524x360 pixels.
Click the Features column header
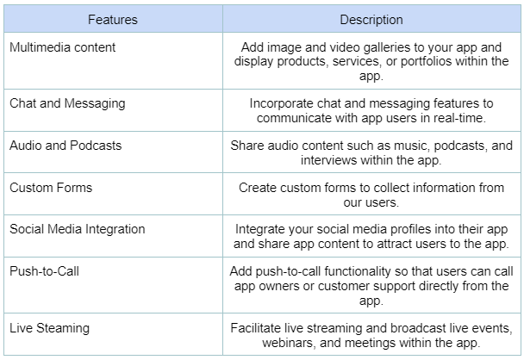[x=113, y=20]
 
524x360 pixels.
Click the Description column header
[x=371, y=20]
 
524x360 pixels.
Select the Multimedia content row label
[x=63, y=47]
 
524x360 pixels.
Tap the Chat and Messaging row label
[x=67, y=103]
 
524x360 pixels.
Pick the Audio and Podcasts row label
[x=65, y=146]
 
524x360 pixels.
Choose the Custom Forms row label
[x=51, y=188]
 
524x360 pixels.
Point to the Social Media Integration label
[x=78, y=229]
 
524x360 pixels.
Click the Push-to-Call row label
[x=45, y=271]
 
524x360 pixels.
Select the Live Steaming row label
[x=49, y=328]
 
